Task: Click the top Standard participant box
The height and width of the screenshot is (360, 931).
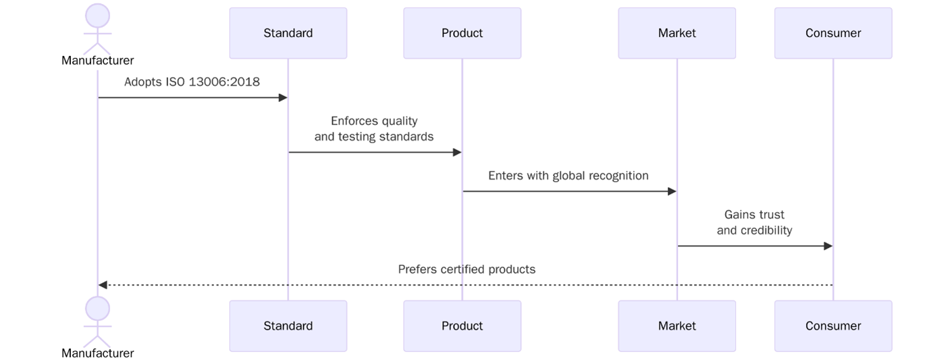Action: [288, 33]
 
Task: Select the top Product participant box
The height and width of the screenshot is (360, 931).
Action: [462, 33]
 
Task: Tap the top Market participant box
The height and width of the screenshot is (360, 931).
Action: [676, 33]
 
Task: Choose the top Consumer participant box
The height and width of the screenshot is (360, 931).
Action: [832, 33]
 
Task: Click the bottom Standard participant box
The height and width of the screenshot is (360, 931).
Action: [288, 326]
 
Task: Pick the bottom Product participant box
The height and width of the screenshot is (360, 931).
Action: [462, 326]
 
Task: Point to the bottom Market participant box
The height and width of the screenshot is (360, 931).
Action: [676, 326]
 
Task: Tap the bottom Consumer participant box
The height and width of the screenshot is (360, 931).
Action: [832, 326]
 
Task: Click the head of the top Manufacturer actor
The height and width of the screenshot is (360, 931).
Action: [98, 16]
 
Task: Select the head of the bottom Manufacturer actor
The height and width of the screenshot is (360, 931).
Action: [98, 308]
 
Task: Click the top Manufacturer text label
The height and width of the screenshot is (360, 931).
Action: [98, 61]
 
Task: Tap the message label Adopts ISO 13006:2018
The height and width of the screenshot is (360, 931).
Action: [192, 82]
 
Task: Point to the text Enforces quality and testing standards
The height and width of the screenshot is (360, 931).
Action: [374, 129]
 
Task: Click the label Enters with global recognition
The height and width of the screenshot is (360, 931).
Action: [568, 176]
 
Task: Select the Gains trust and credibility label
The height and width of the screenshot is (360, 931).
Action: [754, 222]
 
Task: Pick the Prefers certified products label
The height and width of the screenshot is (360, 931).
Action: [467, 269]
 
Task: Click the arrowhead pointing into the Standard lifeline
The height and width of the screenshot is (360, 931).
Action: [284, 98]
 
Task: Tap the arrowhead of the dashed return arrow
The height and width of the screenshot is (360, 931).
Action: [103, 285]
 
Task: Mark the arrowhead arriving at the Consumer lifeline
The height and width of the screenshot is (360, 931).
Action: [828, 246]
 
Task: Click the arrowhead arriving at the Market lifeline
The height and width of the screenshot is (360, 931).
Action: [672, 191]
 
